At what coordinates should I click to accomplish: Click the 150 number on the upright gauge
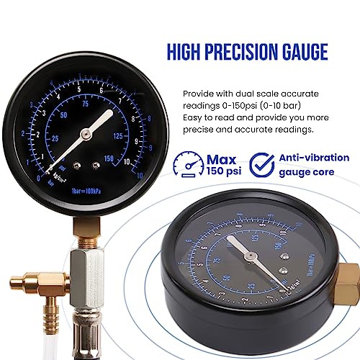point(110,158)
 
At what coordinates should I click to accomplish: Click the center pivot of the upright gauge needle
point(85,133)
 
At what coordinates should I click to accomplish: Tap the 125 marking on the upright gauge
point(118,134)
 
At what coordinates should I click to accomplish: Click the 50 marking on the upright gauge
point(64,114)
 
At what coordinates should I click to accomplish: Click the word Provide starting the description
point(199,93)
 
